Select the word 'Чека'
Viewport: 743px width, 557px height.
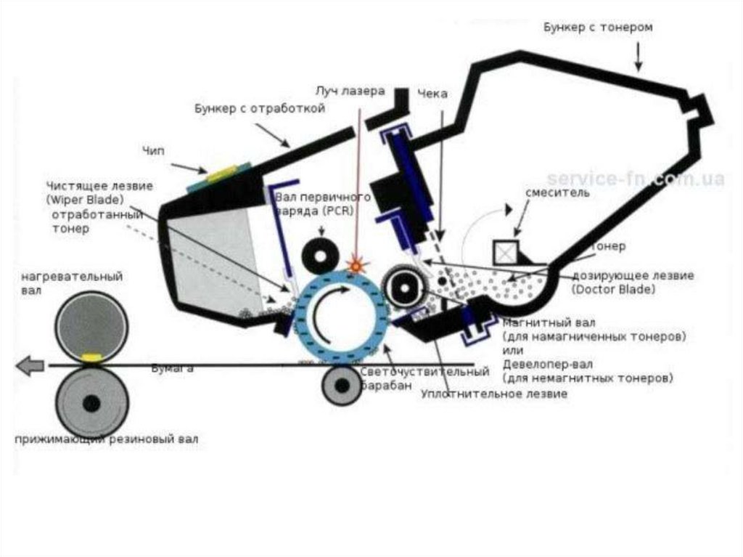[x=432, y=94]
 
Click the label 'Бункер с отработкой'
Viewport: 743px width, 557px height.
[x=259, y=109]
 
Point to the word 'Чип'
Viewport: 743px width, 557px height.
[x=154, y=150]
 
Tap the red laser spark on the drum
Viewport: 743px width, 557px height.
[x=356, y=265]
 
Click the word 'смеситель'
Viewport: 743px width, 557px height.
[x=557, y=193]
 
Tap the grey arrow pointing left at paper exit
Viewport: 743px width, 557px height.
[x=30, y=365]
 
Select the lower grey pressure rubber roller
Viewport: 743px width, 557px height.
[x=91, y=402]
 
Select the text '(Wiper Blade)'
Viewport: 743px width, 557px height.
[x=84, y=199]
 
